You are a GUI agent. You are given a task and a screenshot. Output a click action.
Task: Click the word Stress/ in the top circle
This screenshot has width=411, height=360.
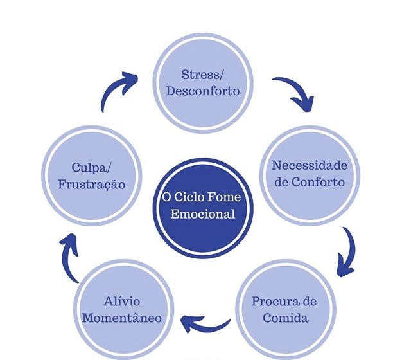[x=203, y=75]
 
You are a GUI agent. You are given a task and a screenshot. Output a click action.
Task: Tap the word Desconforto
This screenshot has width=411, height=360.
[x=203, y=91]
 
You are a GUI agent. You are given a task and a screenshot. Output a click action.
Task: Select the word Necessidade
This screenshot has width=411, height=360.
[x=309, y=165]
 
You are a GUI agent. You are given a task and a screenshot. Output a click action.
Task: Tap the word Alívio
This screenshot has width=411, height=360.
[x=122, y=301]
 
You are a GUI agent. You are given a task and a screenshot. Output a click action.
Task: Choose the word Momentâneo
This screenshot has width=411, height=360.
[x=122, y=318]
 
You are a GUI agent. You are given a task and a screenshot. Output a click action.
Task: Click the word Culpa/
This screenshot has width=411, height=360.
[x=90, y=167]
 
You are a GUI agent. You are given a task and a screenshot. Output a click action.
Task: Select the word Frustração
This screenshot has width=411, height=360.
[x=90, y=184]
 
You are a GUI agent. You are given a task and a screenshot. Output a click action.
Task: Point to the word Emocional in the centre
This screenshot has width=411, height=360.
[x=203, y=213]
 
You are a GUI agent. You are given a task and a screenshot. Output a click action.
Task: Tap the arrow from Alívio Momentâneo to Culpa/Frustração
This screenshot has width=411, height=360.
[x=69, y=257]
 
